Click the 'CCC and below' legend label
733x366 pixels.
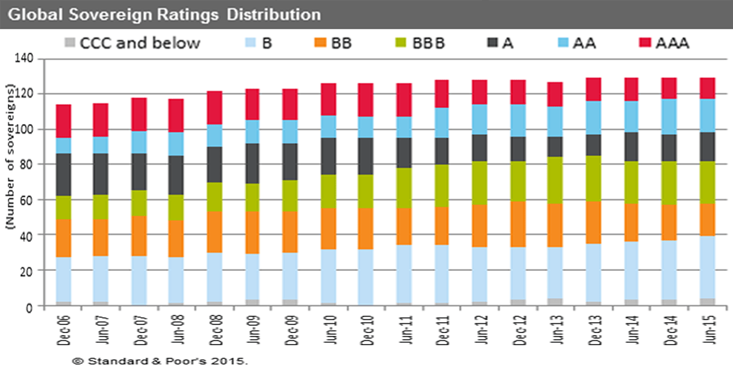click(140, 43)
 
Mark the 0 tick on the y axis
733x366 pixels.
click(28, 306)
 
